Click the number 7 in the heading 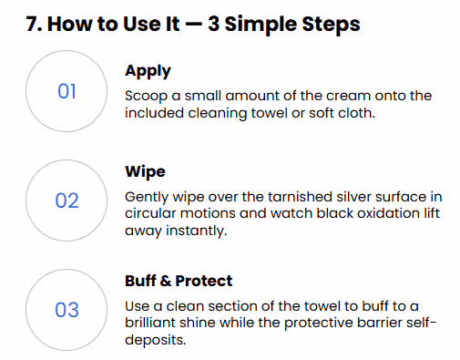[32, 24]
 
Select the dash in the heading [193, 24]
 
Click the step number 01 [66, 91]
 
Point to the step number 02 [66, 201]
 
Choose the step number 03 [66, 310]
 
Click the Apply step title [148, 72]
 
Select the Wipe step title [145, 172]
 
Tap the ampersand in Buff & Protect [166, 281]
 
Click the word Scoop [146, 97]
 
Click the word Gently [147, 198]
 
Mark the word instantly [196, 231]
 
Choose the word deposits [155, 340]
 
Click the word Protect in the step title [204, 281]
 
